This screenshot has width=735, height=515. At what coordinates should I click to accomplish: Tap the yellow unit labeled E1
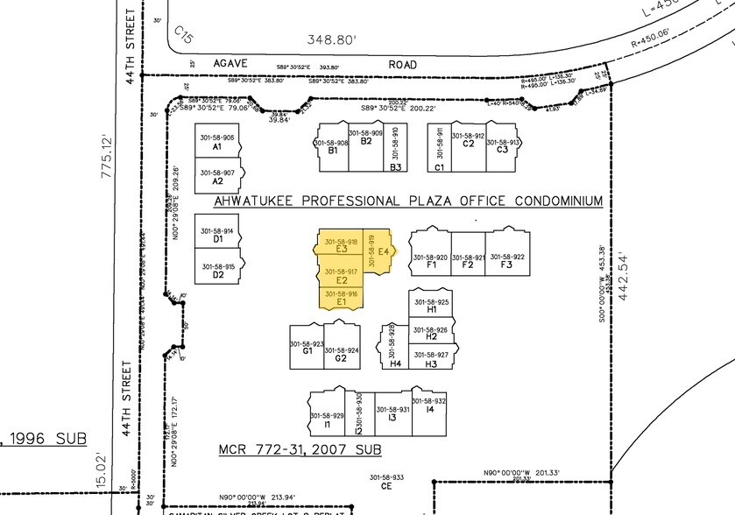341,299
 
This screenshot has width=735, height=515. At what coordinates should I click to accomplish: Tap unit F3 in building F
506,260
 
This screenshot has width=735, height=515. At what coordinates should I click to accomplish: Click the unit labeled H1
431,306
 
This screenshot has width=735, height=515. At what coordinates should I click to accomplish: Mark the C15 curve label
183,34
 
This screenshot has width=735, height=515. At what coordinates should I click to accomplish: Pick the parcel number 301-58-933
385,477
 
